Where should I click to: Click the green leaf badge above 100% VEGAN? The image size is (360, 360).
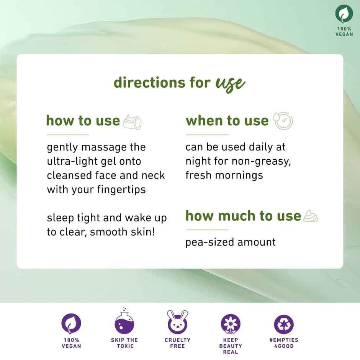click(x=344, y=14)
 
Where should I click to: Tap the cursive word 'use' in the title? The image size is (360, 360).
click(x=230, y=83)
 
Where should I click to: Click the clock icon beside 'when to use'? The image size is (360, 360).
click(x=283, y=121)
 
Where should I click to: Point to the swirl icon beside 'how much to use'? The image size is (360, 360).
click(x=311, y=216)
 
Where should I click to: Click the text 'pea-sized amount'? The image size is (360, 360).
click(x=230, y=242)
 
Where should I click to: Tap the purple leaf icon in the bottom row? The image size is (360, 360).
click(x=71, y=323)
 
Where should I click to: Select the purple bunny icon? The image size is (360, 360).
click(x=177, y=322)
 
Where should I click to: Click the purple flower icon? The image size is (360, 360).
click(x=231, y=324)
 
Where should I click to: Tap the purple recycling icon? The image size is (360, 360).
click(x=284, y=324)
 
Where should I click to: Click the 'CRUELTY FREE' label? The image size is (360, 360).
click(x=177, y=343)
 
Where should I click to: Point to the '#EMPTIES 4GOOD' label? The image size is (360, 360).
click(x=284, y=343)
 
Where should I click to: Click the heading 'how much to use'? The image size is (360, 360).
click(x=243, y=216)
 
